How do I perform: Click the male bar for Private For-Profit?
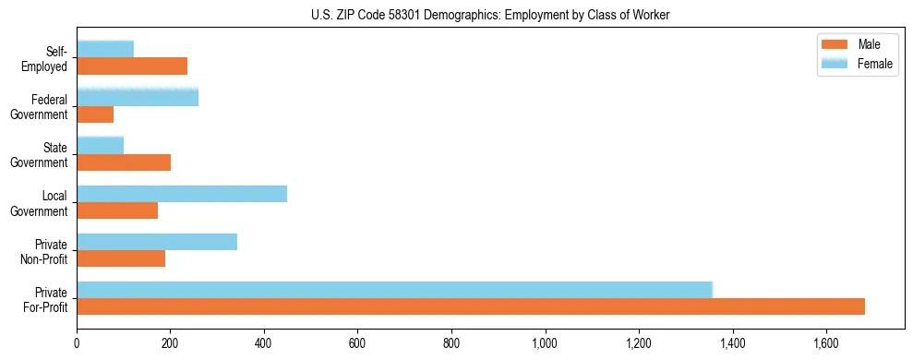pyautogui.click(x=471, y=306)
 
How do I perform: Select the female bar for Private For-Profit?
pyautogui.click(x=394, y=290)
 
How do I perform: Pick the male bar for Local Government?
pyautogui.click(x=117, y=210)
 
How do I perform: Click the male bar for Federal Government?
pyautogui.click(x=95, y=114)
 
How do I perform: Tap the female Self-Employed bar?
pyautogui.click(x=105, y=49)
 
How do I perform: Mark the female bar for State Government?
pyautogui.click(x=100, y=145)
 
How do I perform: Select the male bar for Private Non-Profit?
pyautogui.click(x=121, y=258)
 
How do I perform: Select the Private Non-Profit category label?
pyautogui.click(x=49, y=251)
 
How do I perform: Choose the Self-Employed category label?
pyautogui.click(x=48, y=59)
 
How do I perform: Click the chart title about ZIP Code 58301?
pyautogui.click(x=490, y=14)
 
